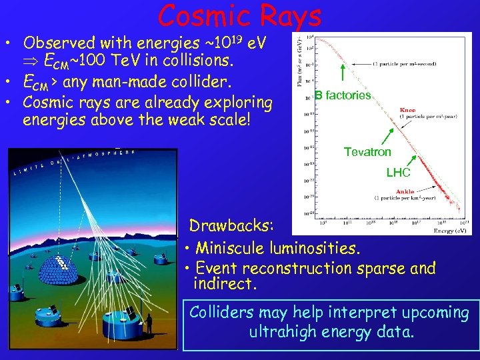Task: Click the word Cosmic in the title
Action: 201,15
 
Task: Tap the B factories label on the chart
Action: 343,95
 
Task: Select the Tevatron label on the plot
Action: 367,152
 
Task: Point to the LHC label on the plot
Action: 399,173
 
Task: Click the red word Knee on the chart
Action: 407,110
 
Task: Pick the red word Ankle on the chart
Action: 405,191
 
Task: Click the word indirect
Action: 223,285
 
